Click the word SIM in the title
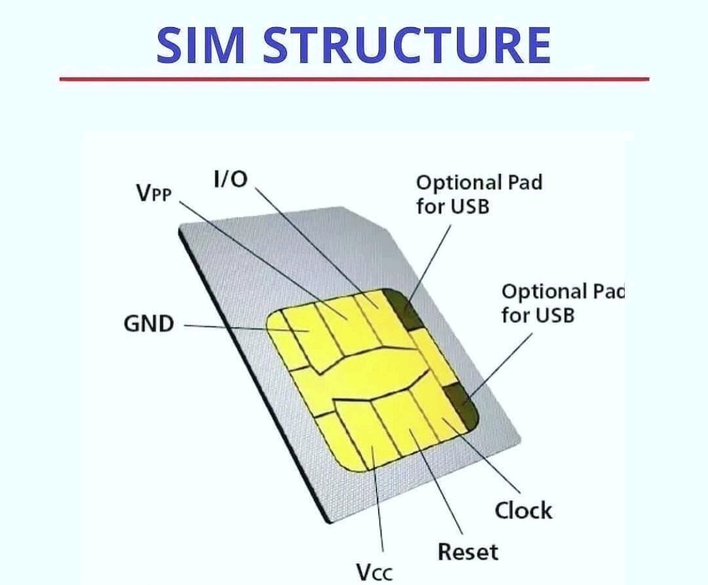coord(201,45)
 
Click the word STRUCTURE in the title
coord(407,45)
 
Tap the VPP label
coord(154,192)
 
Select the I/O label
coord(230,179)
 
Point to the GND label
coord(149,324)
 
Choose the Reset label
coord(468,552)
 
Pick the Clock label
coord(524,511)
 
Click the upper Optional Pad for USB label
coord(479,194)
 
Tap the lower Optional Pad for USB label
coord(563,303)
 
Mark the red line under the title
coord(354,79)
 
